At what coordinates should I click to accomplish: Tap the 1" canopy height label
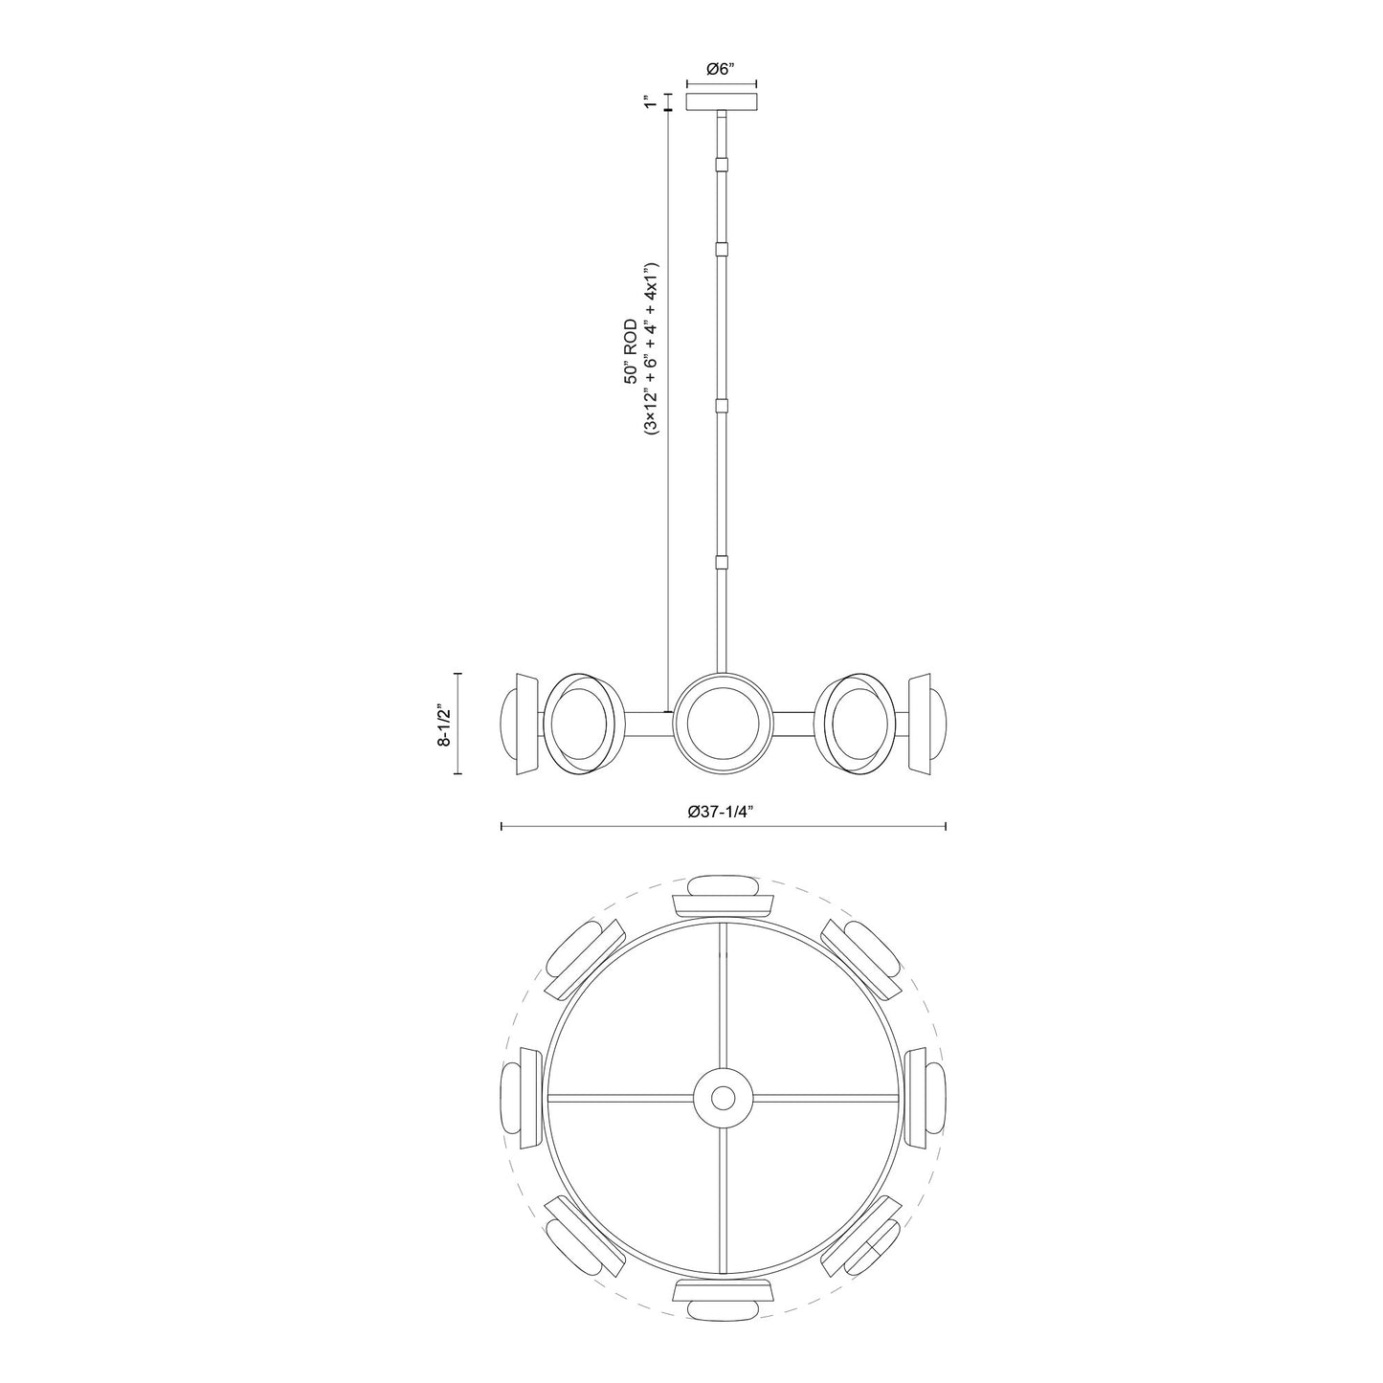click(x=650, y=101)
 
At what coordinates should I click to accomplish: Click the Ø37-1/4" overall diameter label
click(x=723, y=811)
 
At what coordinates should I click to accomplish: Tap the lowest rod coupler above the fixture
click(x=723, y=563)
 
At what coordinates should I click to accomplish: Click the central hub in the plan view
click(x=723, y=1097)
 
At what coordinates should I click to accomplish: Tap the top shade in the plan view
click(x=723, y=894)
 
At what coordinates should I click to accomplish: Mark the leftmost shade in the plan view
click(x=520, y=1097)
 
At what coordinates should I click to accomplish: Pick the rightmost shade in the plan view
click(x=926, y=1097)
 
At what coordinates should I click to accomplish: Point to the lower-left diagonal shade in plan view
click(x=581, y=1238)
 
